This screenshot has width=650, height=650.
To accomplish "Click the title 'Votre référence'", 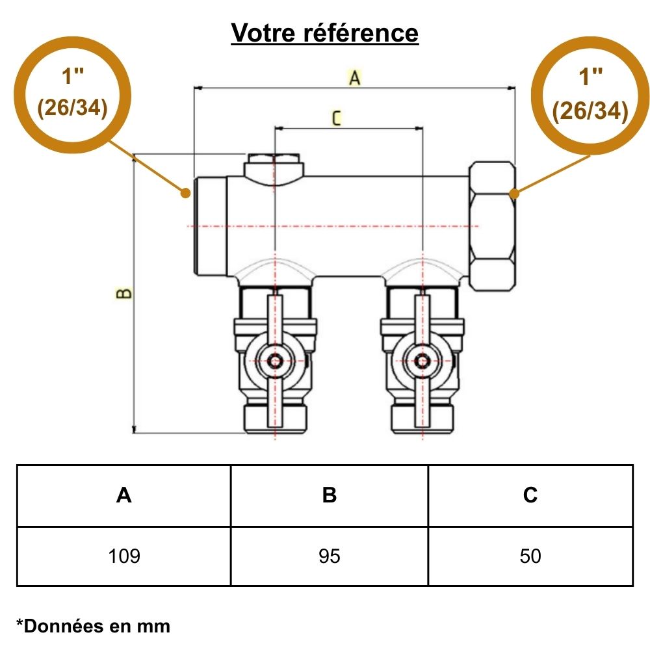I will tap(325, 32).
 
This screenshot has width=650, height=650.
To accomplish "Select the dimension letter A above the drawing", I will tap(354, 78).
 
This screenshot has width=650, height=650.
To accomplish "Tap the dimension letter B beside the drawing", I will tap(123, 293).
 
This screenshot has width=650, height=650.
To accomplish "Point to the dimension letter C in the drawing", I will tap(336, 118).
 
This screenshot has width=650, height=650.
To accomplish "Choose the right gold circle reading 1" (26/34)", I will tap(590, 95).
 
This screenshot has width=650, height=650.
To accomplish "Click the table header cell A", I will tap(124, 495).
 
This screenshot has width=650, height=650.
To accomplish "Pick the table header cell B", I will tap(330, 495).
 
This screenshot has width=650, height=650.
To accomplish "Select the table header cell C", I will tap(530, 495).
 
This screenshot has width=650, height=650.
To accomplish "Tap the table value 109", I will tap(124, 556).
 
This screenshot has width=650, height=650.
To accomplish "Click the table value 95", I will tap(330, 556).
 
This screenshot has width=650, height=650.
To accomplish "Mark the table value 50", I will tap(530, 556).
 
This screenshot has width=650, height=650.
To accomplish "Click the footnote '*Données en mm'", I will tap(93, 626).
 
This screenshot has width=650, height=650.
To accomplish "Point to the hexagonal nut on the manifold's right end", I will tap(493, 226).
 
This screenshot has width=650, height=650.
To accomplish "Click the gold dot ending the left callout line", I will tap(185, 193).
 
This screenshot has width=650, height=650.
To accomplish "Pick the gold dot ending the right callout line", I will tap(513, 193).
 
